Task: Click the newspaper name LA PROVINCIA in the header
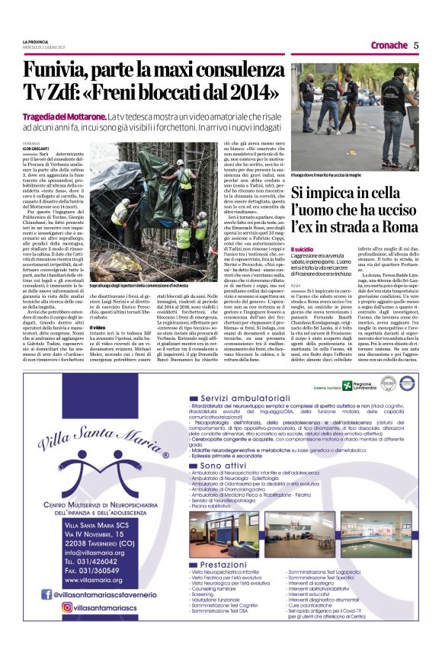37,43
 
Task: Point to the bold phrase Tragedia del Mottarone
64,115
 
